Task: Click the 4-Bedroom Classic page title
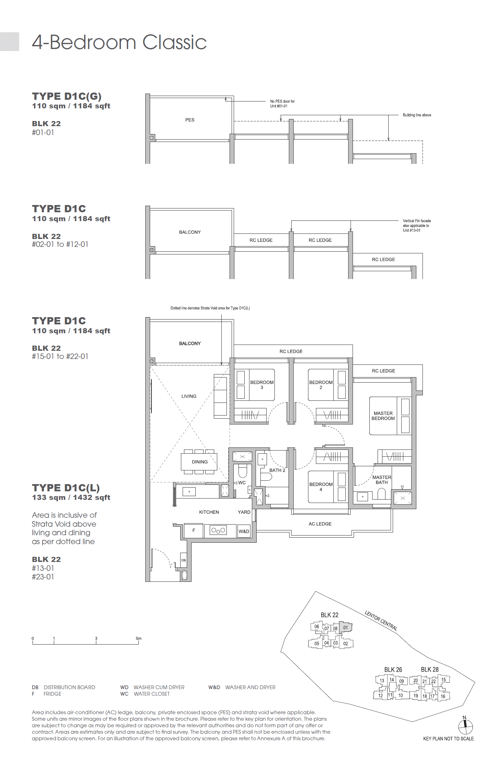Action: (119, 43)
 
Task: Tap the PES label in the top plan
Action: (189, 120)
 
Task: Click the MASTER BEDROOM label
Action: (383, 416)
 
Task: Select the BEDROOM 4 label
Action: (321, 487)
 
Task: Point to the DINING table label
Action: (199, 462)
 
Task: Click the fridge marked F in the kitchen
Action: (194, 530)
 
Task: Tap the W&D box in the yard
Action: (244, 531)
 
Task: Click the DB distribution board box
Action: (184, 560)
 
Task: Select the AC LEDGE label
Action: (320, 524)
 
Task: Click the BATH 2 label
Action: (277, 470)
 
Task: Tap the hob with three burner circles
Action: (218, 530)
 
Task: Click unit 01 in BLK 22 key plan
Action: (345, 627)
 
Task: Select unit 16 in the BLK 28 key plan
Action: (443, 696)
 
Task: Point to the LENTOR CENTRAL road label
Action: (381, 621)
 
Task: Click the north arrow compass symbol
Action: (465, 727)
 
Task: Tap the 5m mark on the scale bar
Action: (138, 639)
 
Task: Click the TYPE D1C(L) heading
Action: (66, 488)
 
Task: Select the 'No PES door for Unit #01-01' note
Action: (282, 104)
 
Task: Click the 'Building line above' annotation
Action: (417, 115)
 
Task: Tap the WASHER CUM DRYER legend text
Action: (159, 687)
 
